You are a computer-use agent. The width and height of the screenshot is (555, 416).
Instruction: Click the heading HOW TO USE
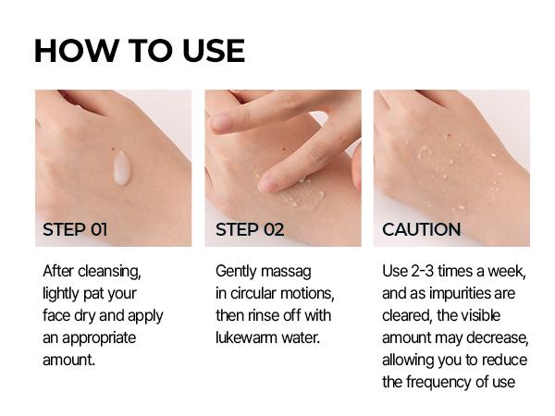pyautogui.click(x=139, y=51)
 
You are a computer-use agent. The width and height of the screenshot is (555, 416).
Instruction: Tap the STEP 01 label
pyautogui.click(x=75, y=229)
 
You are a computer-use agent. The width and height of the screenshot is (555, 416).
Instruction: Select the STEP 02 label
pyautogui.click(x=250, y=229)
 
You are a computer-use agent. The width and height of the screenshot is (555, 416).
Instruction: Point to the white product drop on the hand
pyautogui.click(x=121, y=167)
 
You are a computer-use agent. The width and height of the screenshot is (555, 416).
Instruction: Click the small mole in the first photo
pyautogui.click(x=112, y=151)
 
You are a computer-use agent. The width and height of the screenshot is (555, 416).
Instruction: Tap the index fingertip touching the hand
pyautogui.click(x=267, y=184)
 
